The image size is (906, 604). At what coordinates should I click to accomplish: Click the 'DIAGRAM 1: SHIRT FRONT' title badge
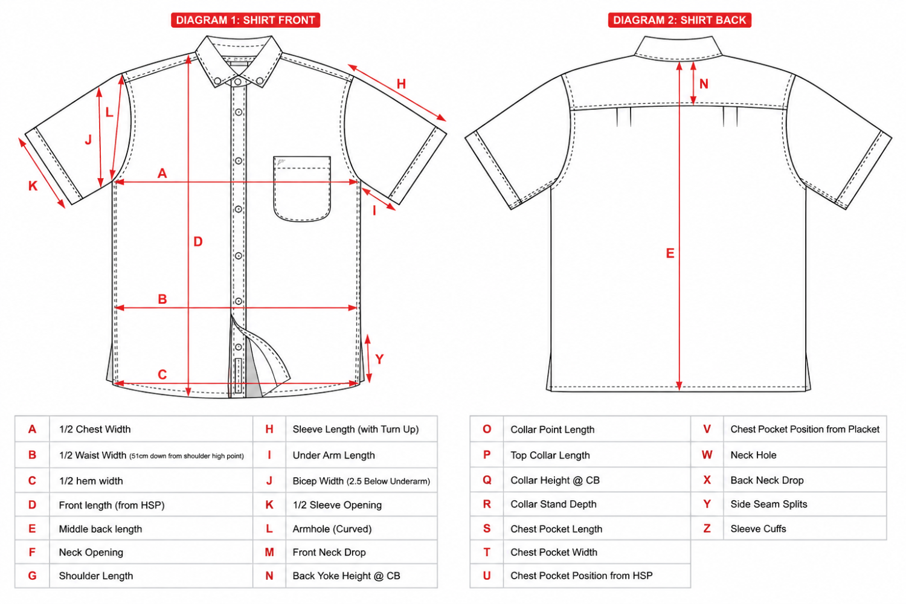245,20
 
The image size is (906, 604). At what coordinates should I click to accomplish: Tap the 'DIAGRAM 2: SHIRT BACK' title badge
679,20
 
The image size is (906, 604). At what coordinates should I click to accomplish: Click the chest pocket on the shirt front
302,189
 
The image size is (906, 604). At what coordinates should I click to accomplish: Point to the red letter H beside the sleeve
401,84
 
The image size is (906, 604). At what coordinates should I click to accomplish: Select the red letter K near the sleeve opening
33,186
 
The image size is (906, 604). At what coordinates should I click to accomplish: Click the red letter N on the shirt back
704,84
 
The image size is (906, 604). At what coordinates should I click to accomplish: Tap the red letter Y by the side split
379,359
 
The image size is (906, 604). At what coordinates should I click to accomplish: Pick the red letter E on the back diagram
670,253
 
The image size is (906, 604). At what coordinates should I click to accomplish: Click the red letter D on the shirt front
198,242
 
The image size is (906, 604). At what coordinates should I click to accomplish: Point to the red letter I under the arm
374,210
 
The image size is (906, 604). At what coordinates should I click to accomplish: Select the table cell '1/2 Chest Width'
95,429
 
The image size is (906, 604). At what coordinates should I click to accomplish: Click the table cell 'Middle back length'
100,528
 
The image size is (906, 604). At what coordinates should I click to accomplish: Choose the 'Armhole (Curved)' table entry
332,528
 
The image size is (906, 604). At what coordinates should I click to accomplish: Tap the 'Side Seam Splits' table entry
768,504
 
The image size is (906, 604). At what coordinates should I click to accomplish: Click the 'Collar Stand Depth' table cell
553,504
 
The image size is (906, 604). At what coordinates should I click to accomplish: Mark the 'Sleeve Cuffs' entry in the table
758,528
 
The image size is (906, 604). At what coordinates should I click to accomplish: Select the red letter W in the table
707,455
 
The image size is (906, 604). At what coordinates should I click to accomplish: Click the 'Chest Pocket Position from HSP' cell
581,576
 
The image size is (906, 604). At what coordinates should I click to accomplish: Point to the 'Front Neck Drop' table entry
329,552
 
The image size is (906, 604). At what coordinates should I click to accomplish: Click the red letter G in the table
33,576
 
